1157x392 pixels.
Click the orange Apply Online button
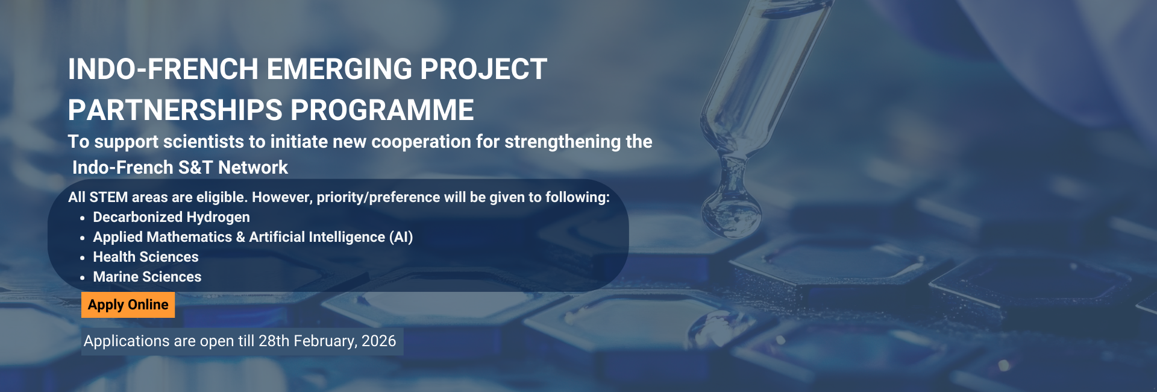[128, 305]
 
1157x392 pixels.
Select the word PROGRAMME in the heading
[383, 110]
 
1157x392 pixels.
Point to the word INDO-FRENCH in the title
[163, 69]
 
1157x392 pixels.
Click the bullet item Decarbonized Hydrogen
[171, 217]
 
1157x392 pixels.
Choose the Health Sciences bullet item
[146, 257]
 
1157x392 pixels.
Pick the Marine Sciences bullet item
[147, 277]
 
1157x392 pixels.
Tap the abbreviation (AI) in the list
[401, 237]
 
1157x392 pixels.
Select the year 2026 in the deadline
[379, 341]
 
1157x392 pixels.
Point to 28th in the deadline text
[274, 341]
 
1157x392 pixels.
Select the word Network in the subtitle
[253, 167]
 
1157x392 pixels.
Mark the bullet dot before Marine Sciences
[83, 278]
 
